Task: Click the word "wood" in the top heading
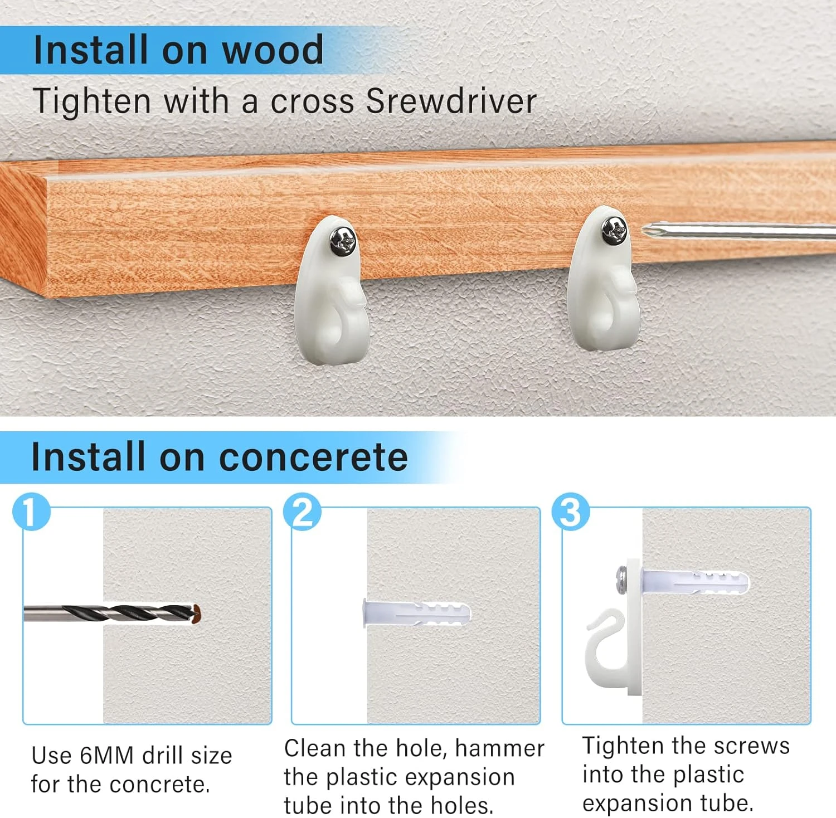pyautogui.click(x=273, y=50)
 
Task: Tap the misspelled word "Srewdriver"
pyautogui.click(x=451, y=101)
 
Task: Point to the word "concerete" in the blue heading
pyautogui.click(x=313, y=457)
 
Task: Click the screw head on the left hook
pyautogui.click(x=342, y=241)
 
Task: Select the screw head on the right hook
pyautogui.click(x=614, y=231)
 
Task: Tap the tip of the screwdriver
pyautogui.click(x=644, y=229)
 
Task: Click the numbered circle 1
pyautogui.click(x=32, y=512)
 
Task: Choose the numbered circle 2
pyautogui.click(x=302, y=512)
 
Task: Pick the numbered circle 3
pyautogui.click(x=571, y=512)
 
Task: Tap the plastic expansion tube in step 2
pyautogui.click(x=416, y=613)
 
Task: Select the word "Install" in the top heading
pyautogui.click(x=91, y=50)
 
